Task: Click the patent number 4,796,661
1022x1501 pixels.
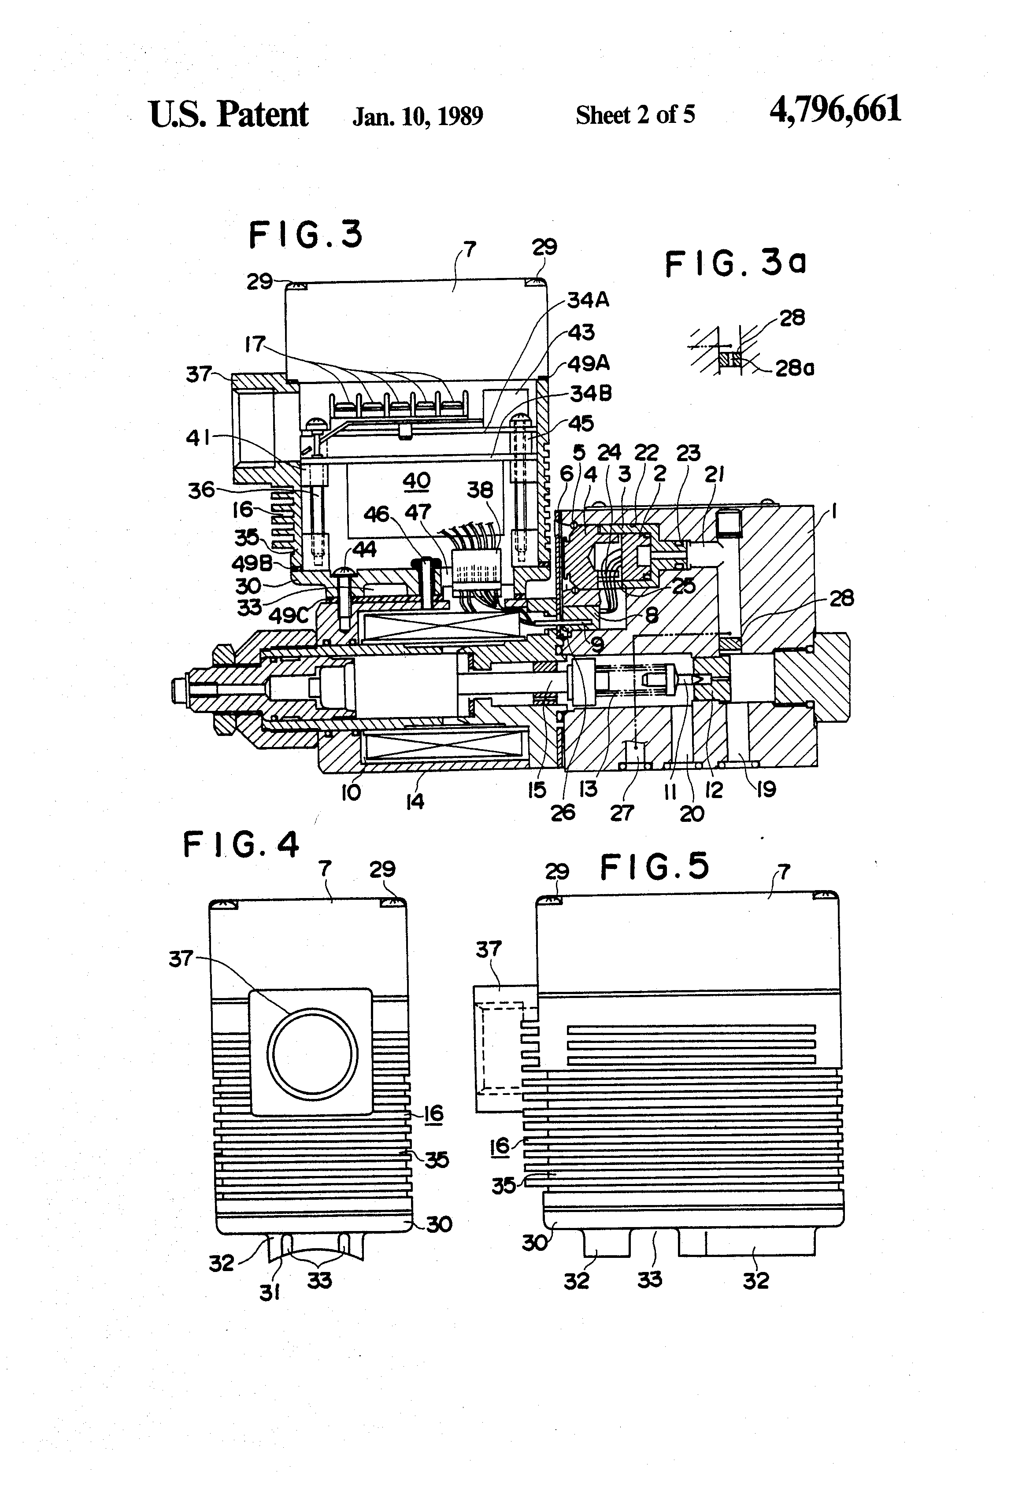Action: point(835,109)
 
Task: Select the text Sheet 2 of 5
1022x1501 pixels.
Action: point(635,115)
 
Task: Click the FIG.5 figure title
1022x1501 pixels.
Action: point(655,867)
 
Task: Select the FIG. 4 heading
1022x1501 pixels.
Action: point(241,845)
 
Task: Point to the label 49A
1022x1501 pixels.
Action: point(588,364)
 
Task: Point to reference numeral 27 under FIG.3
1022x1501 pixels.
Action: point(622,813)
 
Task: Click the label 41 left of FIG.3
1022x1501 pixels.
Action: point(198,438)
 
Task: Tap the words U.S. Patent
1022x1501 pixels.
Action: point(229,115)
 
